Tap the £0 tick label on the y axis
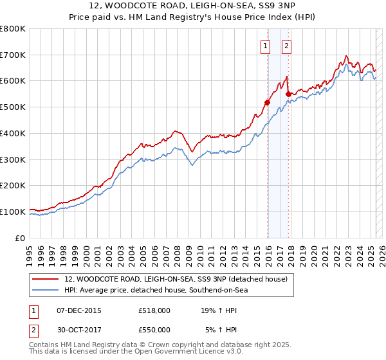21,238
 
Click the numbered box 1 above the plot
265,45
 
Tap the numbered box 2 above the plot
286,45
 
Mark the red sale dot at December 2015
267,102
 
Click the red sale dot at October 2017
288,94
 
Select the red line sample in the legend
44,279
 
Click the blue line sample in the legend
44,290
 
